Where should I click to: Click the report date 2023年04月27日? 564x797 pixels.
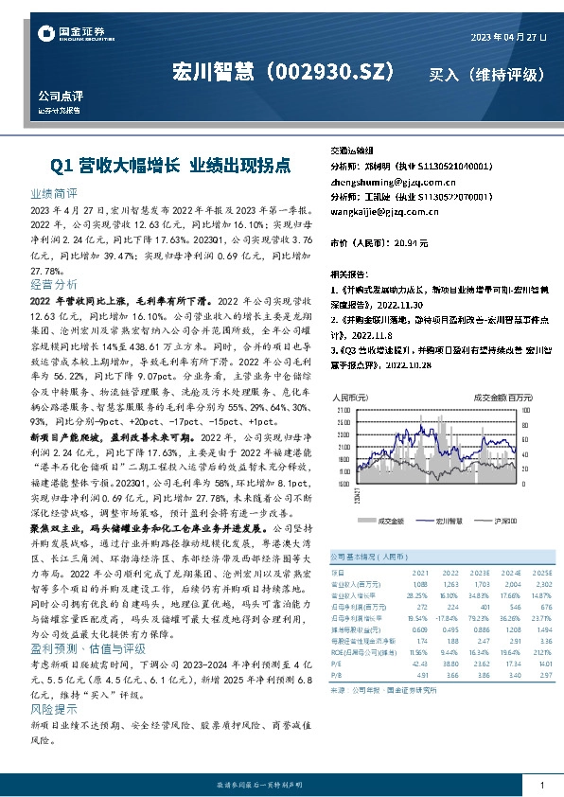pos(508,36)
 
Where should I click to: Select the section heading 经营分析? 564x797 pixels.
pos(53,283)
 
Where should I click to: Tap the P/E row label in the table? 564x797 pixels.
pos(336,664)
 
